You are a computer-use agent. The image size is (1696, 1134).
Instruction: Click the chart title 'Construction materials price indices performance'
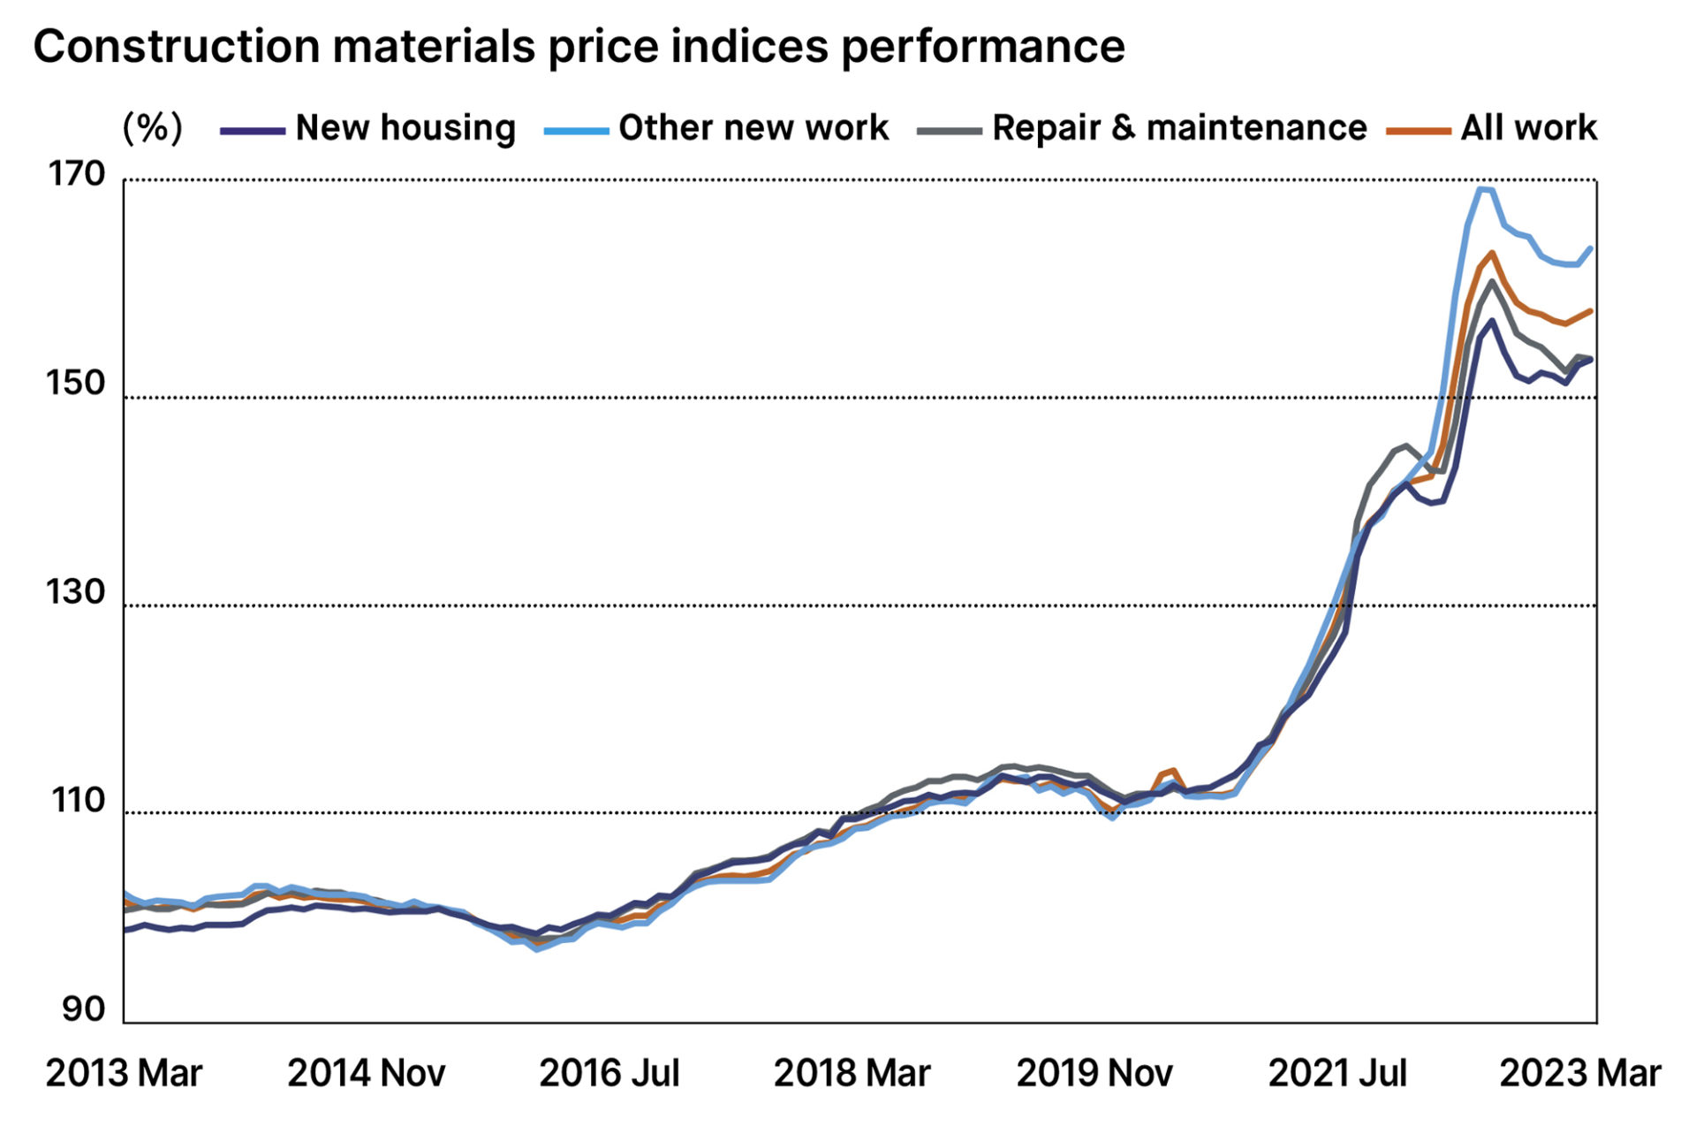pos(579,46)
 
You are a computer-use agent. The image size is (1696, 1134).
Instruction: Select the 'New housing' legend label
pos(405,128)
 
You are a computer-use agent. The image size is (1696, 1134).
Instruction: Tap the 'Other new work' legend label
pos(753,128)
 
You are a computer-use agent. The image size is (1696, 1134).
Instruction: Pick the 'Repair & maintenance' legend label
pos(1178,128)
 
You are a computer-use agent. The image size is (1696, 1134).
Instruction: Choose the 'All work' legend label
pos(1528,128)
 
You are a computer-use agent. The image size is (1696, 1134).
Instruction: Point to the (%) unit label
pos(152,128)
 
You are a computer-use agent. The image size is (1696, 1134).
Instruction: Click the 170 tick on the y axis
pos(76,175)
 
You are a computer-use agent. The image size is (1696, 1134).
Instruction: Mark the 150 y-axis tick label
pos(76,384)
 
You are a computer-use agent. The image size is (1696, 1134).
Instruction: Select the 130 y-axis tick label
pos(76,592)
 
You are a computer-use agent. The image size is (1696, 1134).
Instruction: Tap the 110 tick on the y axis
pos(78,801)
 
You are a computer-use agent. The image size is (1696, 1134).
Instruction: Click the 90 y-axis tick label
pos(83,1008)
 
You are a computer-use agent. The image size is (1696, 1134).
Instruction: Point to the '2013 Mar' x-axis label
pos(124,1074)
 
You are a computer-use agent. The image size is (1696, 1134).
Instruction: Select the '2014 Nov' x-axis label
pos(367,1074)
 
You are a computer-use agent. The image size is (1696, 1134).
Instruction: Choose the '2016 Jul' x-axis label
pos(609,1074)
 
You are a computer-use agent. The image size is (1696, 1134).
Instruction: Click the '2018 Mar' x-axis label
pos(852,1074)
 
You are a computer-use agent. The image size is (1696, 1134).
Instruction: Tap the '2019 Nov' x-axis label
pos(1094,1074)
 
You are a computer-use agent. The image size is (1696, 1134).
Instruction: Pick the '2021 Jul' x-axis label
pos(1337,1074)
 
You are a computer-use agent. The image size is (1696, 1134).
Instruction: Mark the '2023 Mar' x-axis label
pos(1580,1074)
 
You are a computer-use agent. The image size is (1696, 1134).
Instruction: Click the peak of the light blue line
pos(1485,188)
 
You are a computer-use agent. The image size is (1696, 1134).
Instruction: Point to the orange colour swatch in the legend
pos(1419,132)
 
